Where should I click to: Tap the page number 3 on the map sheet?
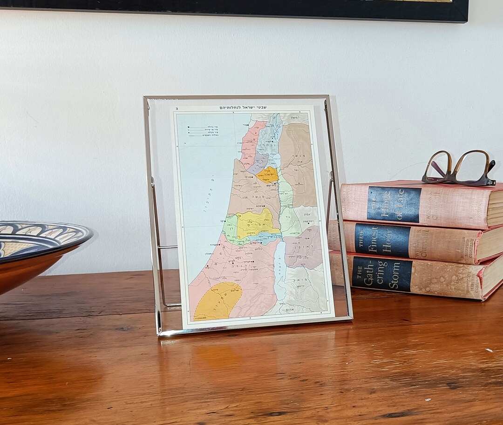pyautogui.click(x=177, y=109)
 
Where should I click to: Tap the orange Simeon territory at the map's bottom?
pyautogui.click(x=217, y=300)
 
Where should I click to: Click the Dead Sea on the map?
pyautogui.click(x=279, y=270)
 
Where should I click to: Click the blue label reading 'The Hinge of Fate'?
pyautogui.click(x=394, y=204)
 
